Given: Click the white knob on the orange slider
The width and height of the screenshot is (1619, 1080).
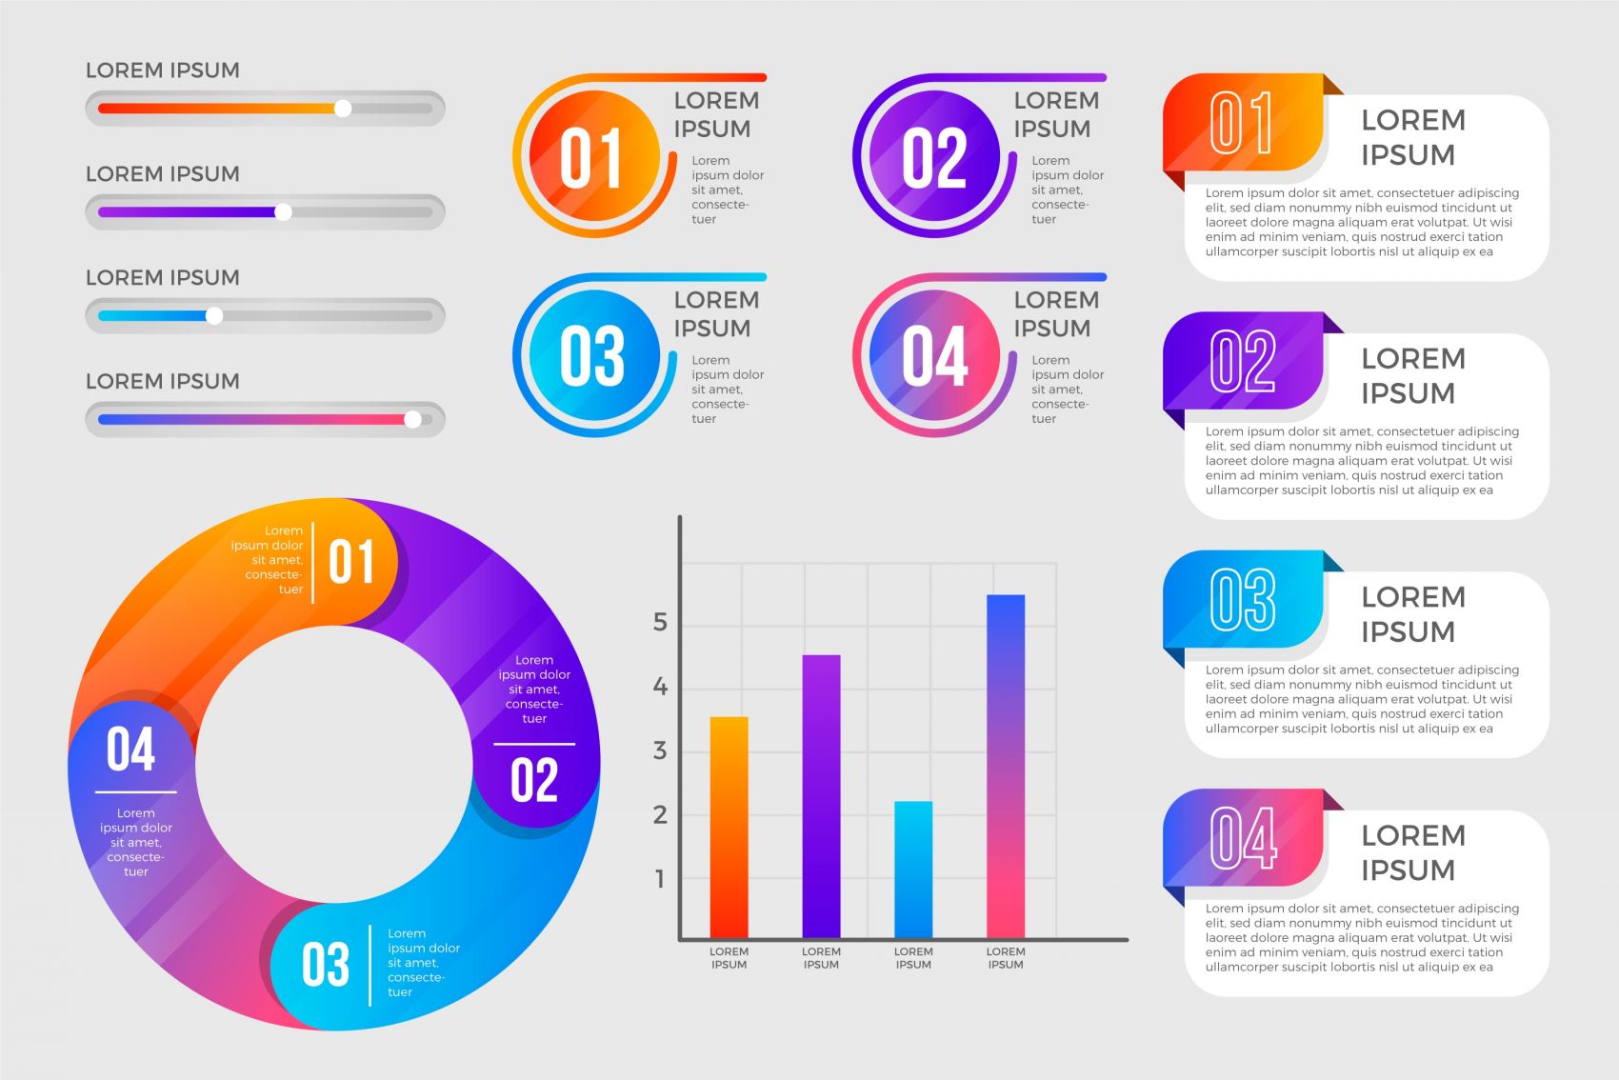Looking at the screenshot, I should coord(343,109).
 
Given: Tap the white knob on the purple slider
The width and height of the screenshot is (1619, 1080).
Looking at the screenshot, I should coord(283,212).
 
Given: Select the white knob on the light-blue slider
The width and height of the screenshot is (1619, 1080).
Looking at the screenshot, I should coord(214,316).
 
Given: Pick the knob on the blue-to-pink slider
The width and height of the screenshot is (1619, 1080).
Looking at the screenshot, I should coord(412,419).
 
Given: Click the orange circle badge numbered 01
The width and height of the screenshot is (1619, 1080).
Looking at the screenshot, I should coord(592,157).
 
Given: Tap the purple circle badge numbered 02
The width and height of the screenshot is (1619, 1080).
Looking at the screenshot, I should coord(933,157).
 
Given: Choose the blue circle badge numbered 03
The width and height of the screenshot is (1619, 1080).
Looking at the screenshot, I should coord(592,356).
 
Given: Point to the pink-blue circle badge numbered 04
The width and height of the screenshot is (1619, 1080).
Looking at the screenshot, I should coord(933,356).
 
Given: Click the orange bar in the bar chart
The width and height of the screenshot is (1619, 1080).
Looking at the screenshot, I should coord(729,827).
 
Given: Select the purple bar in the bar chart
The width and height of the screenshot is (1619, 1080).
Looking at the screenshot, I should coord(821,796).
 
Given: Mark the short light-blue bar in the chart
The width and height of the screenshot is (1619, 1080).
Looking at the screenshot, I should coord(913,869).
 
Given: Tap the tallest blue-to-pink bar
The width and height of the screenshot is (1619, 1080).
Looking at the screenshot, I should coord(1006,766).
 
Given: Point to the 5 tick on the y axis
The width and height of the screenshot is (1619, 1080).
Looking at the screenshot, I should coord(660,623).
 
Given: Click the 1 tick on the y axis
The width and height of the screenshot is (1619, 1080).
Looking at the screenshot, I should coord(660,879).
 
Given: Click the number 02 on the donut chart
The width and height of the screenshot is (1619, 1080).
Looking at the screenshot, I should coord(533,781).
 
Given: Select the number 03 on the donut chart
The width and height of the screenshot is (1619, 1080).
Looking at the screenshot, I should coord(326,965).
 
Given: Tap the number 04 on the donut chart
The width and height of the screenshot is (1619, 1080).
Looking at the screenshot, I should coord(130,750).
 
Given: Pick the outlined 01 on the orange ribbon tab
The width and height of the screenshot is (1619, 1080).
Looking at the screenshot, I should coord(1242,124).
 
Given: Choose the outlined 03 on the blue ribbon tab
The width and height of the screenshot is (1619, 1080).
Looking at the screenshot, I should coord(1242,601).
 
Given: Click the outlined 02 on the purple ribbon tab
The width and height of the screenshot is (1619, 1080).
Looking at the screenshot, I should coord(1242,362).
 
